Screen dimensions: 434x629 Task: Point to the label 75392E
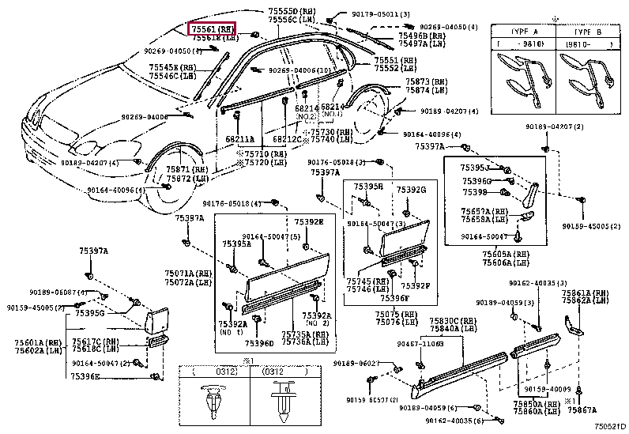pos(310,223)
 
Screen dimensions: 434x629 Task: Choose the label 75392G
pos(411,190)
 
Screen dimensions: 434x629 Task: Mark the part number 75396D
pos(259,343)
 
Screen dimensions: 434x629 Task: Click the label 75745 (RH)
pos(365,281)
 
